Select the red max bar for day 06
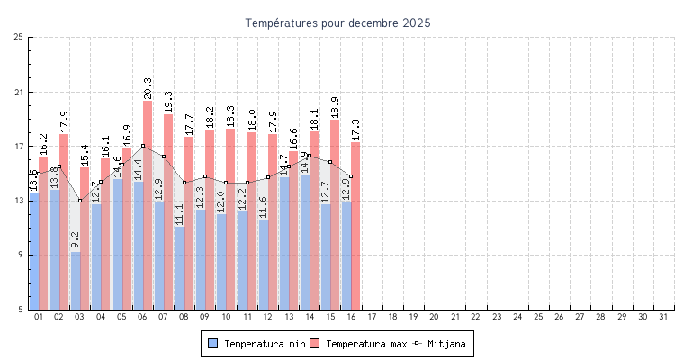click(148, 205)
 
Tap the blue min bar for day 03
click(76, 281)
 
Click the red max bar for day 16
click(355, 226)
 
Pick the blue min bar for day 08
click(180, 267)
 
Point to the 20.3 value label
click(148, 88)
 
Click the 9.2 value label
click(76, 239)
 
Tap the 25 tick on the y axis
click(19, 37)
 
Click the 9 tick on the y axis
click(21, 255)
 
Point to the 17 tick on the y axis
click(19, 146)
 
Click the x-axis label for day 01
click(39, 317)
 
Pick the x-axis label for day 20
click(434, 317)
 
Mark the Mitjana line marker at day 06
click(142, 146)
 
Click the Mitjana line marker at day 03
click(80, 201)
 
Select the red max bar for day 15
click(335, 215)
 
